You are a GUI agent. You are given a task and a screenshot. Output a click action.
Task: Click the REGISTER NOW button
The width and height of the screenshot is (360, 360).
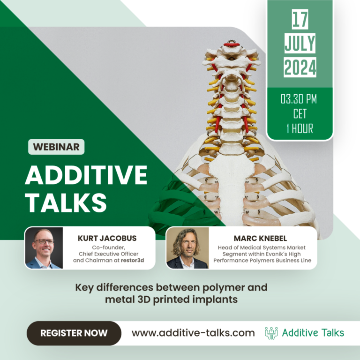click(74, 333)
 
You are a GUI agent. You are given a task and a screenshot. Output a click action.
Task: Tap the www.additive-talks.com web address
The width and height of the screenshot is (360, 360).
click(193, 333)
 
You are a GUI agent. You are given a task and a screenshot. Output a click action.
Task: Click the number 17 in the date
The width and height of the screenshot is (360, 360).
click(300, 20)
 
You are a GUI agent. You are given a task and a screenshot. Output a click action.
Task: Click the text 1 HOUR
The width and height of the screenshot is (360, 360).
click(300, 127)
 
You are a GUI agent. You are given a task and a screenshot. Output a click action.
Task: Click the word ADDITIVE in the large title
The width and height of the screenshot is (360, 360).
click(86, 175)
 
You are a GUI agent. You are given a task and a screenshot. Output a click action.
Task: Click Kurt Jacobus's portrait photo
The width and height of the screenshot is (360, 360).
click(44, 248)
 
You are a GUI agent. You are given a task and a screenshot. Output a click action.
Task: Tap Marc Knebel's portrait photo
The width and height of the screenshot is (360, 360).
click(187, 248)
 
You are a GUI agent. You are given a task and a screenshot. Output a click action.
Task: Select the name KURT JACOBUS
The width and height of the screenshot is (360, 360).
click(107, 238)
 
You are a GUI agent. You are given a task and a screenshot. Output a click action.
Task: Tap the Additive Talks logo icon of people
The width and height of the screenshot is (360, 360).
click(271, 333)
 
